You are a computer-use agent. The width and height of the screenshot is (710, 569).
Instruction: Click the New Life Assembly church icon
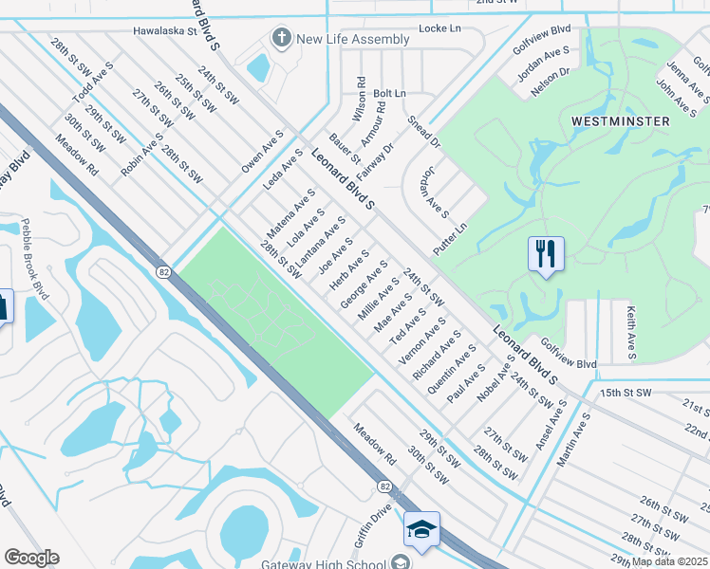coord(281,39)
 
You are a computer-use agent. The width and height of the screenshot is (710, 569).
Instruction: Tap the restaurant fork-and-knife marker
coord(546,253)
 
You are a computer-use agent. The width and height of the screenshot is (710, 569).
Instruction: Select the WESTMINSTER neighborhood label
coord(621,121)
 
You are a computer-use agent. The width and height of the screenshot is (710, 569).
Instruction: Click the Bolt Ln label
coord(389,94)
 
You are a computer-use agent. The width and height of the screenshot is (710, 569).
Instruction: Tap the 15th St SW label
coord(626,392)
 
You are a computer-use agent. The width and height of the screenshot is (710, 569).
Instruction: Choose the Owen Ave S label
coord(262,152)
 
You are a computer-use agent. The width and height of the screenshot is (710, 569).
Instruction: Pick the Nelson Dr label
coord(549,81)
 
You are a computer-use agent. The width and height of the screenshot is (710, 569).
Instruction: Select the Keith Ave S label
coord(629,332)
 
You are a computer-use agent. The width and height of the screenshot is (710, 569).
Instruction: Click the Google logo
coord(31,558)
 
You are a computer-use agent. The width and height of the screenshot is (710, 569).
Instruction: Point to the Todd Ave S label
coord(93,83)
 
